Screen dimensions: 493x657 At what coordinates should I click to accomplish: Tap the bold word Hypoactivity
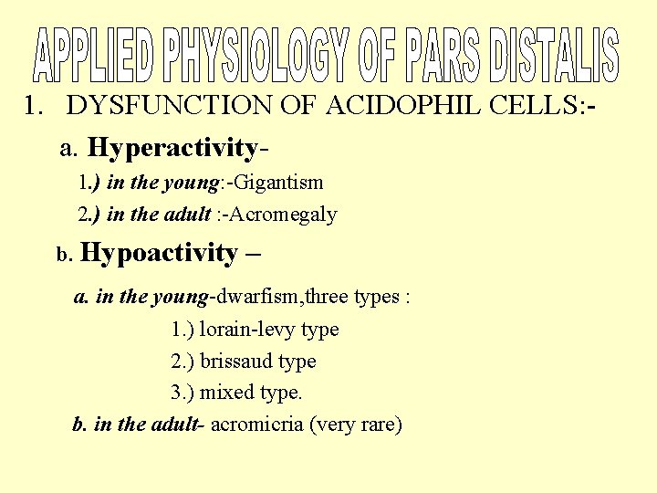coord(160,253)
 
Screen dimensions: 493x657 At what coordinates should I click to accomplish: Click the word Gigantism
coord(279,183)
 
